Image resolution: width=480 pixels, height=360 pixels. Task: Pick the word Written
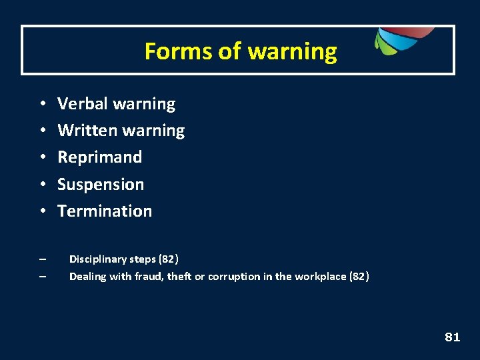(85, 131)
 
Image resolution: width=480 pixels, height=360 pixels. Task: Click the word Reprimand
(100, 157)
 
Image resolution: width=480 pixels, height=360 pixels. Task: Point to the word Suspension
(101, 184)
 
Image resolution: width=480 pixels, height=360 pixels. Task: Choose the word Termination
(105, 211)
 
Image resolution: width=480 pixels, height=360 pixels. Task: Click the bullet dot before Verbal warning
(41, 105)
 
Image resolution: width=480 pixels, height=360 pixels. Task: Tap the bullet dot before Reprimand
(41, 158)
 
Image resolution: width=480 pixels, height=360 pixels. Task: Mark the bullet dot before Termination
(41, 211)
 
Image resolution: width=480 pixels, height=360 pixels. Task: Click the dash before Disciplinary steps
(42, 259)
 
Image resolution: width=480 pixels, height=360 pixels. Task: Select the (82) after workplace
(359, 276)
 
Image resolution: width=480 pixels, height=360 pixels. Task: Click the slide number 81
(452, 337)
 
